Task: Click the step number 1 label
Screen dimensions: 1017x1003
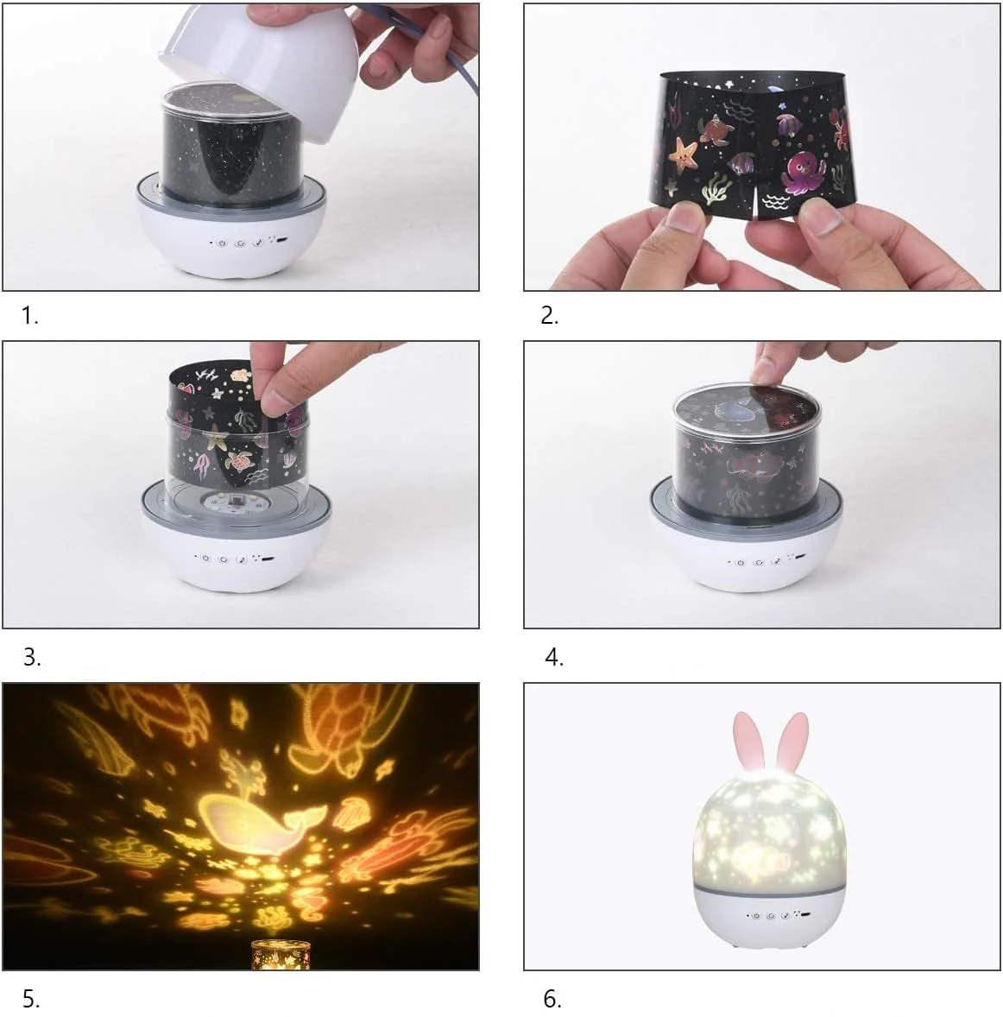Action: [x=29, y=316]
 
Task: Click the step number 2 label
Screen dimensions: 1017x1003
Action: [x=549, y=316]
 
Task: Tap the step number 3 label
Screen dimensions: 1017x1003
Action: [x=31, y=657]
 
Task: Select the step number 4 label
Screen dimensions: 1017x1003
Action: [x=553, y=657]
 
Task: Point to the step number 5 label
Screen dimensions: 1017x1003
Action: [x=31, y=999]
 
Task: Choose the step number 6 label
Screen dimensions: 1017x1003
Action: [x=552, y=999]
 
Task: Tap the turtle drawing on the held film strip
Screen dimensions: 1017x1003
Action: [x=719, y=130]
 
